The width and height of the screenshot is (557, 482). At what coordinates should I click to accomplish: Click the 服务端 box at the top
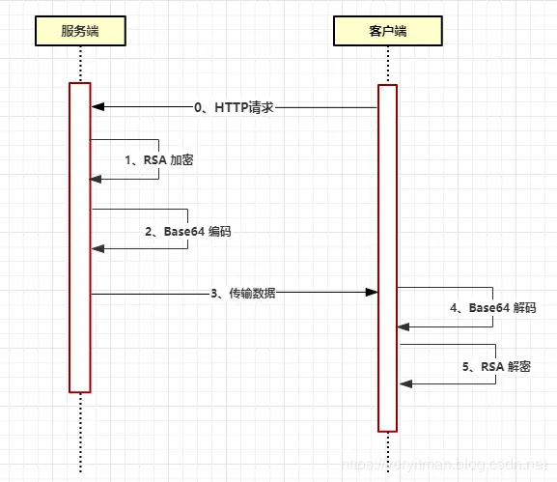click(x=80, y=31)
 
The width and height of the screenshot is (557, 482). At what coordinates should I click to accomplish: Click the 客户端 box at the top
click(x=387, y=31)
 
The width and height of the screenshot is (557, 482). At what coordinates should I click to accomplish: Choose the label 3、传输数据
click(x=242, y=293)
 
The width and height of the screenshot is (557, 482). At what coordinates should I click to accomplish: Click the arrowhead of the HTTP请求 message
click(x=97, y=107)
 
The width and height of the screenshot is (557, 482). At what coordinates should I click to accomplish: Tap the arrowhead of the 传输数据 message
click(x=371, y=292)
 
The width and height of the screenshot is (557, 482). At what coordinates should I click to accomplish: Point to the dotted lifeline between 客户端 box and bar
click(x=387, y=65)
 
